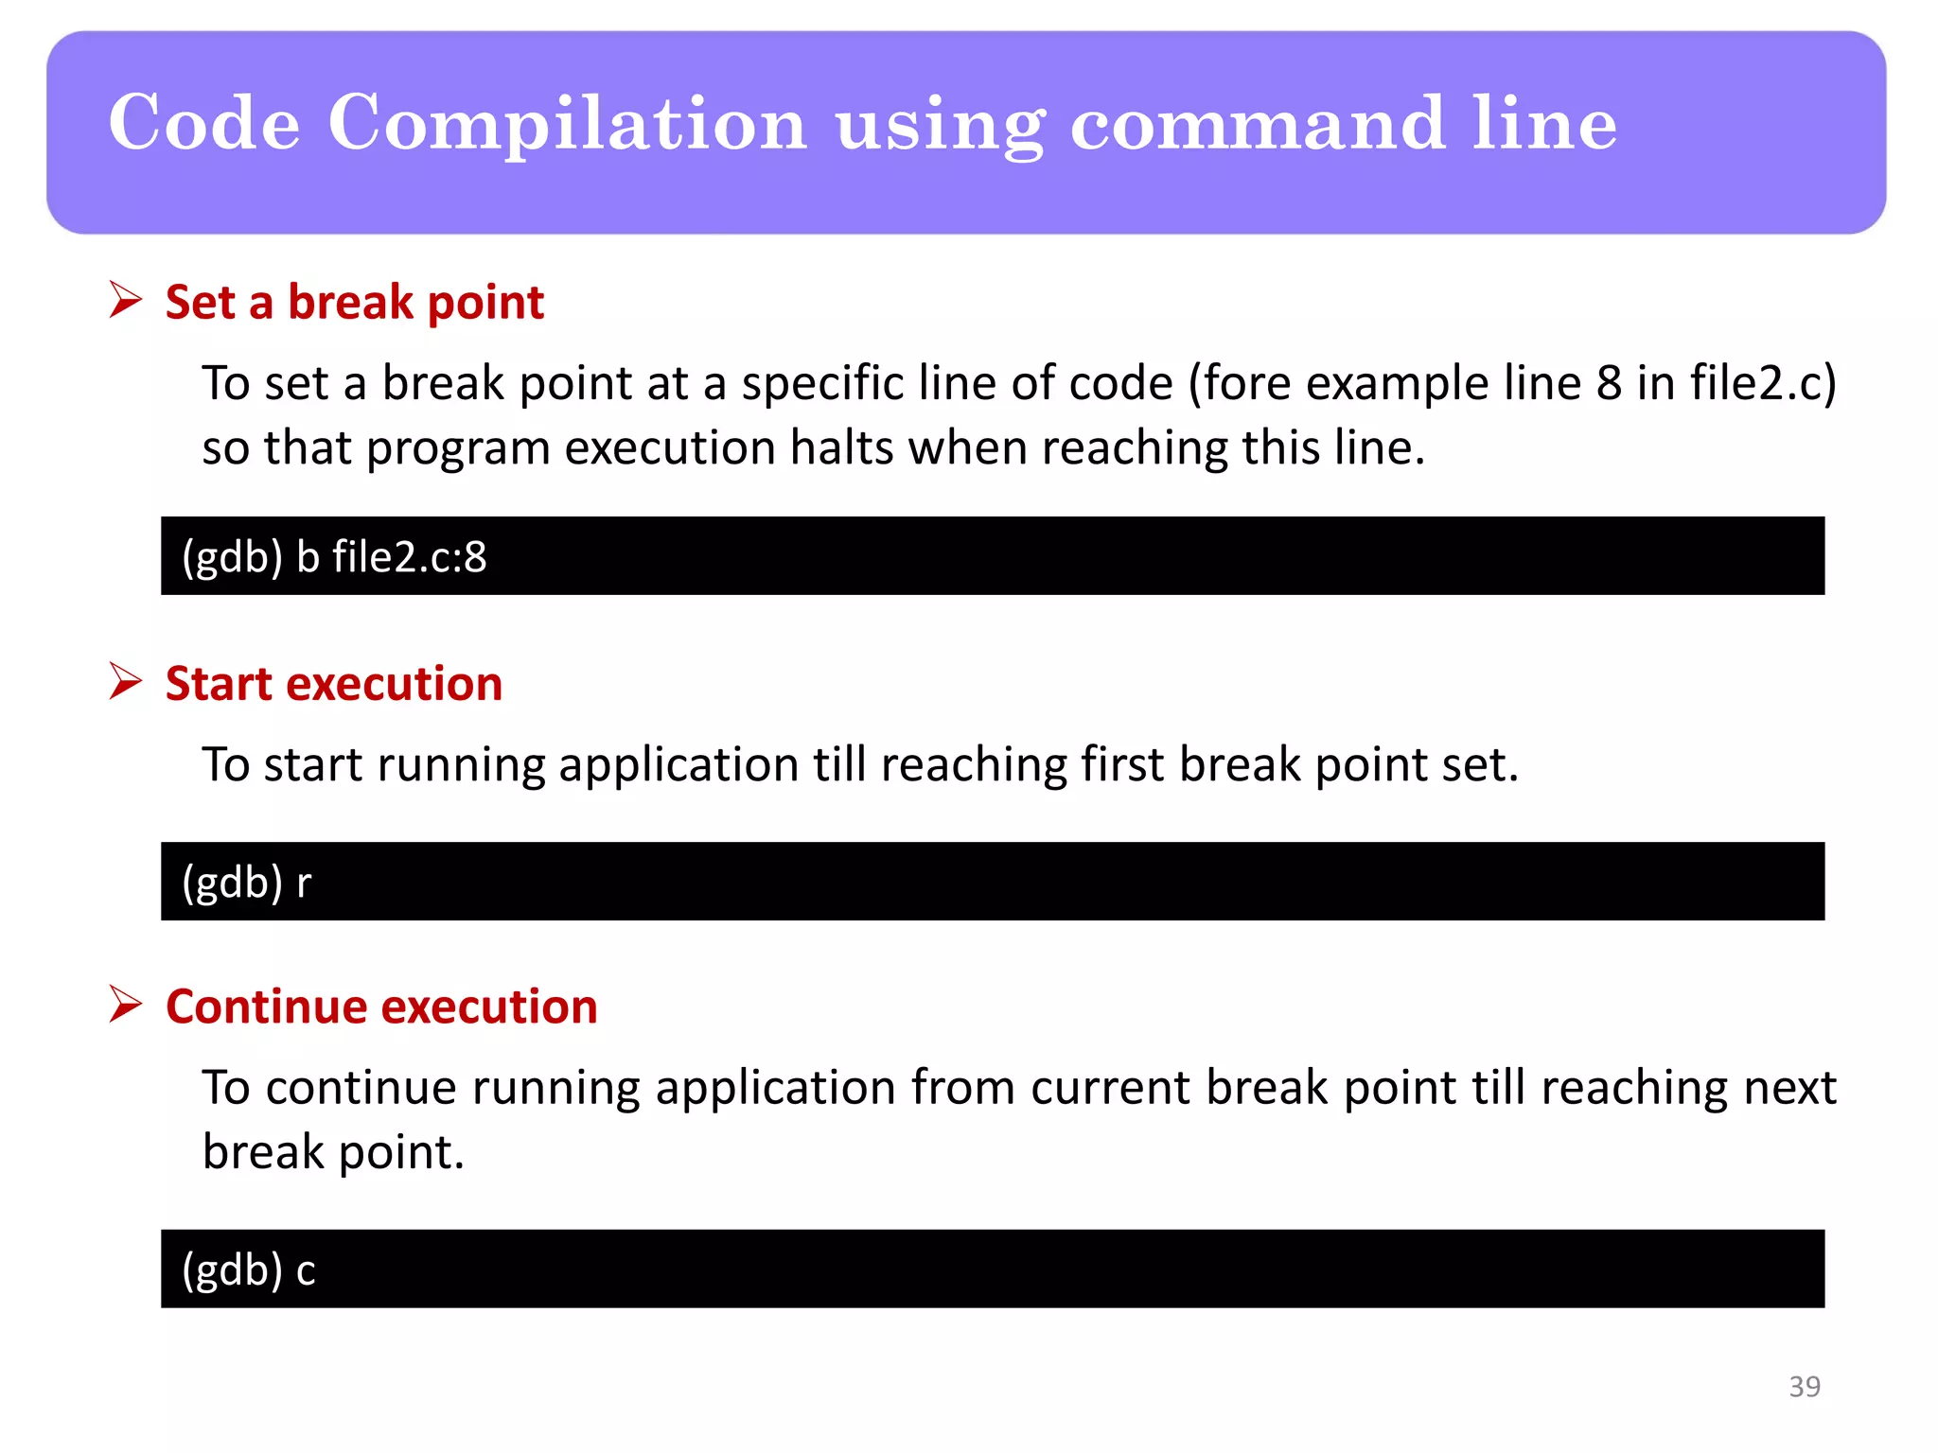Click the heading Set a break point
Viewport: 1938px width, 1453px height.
354,303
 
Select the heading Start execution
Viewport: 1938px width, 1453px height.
333,684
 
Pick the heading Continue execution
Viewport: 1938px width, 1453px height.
381,1007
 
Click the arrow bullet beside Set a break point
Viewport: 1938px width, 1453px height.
125,301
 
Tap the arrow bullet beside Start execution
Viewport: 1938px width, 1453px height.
125,682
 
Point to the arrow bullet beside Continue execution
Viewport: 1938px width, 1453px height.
125,1005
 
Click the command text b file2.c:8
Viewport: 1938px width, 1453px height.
391,557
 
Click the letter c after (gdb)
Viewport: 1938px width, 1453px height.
305,1270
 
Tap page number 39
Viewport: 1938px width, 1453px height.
1804,1387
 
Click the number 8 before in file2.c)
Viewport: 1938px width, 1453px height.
1609,384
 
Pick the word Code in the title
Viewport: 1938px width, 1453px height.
204,124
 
